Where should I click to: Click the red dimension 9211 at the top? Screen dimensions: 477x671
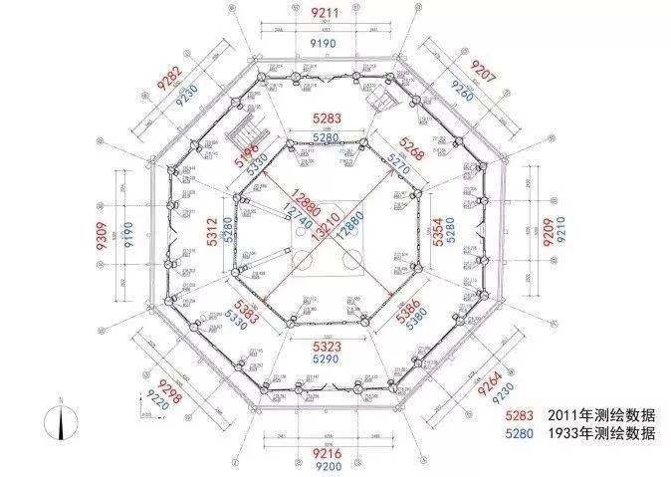tap(325, 13)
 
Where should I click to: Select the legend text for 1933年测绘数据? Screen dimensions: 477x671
tap(601, 433)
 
